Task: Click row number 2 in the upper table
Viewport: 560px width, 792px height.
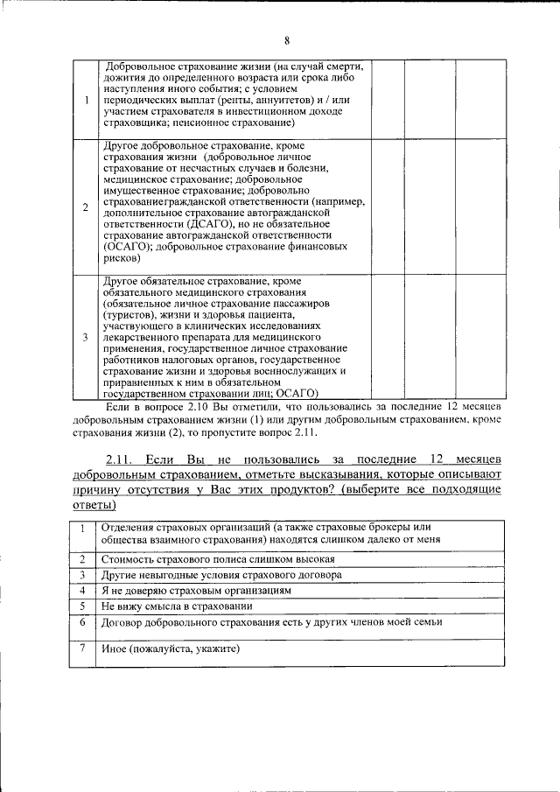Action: point(85,207)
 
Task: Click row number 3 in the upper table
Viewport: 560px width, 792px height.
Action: point(85,337)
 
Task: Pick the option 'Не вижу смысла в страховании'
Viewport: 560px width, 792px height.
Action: point(177,606)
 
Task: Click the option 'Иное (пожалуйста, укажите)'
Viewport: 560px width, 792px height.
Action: point(171,648)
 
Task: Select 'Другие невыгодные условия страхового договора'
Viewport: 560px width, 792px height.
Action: point(221,574)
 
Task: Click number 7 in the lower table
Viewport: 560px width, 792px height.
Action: point(81,648)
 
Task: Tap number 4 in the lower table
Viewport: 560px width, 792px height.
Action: point(81,590)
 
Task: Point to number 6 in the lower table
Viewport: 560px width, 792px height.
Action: point(81,621)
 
